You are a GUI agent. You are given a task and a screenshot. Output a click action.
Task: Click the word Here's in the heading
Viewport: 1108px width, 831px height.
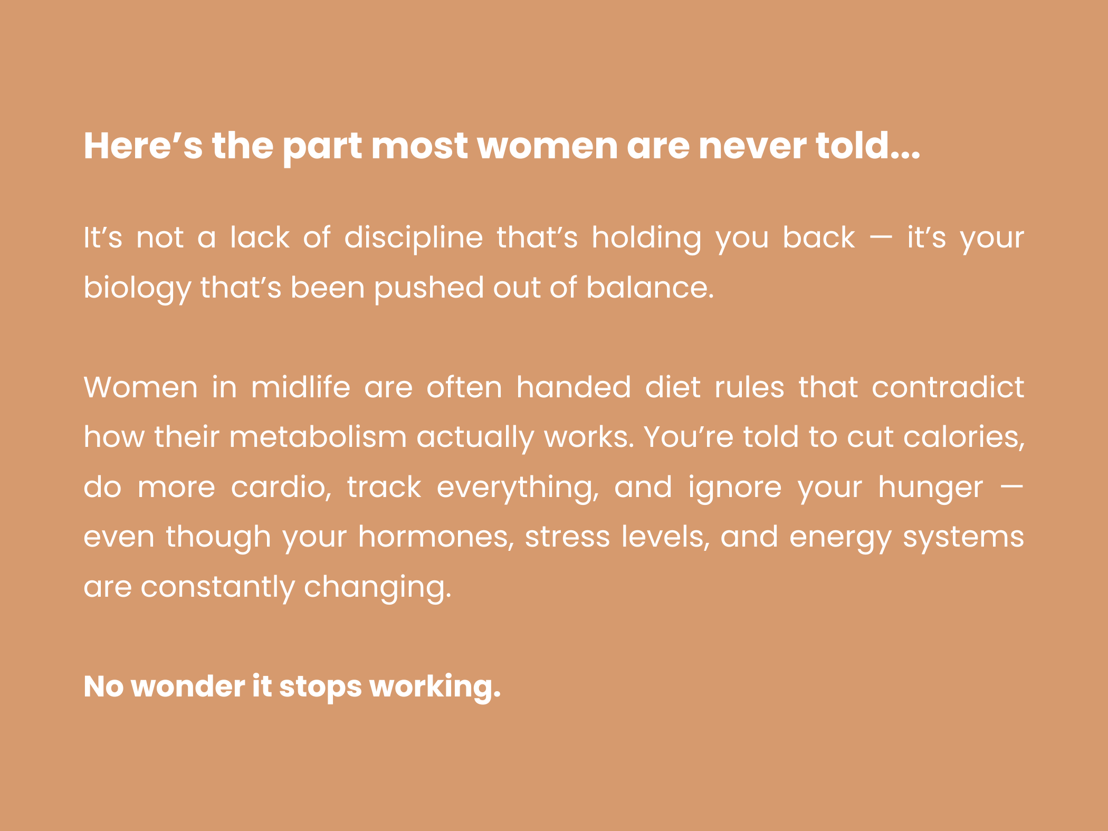tap(143, 146)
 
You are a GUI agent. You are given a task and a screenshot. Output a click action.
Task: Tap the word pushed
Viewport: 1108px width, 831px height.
tap(428, 288)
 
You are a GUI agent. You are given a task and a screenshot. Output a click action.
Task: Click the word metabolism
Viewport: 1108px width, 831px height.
tap(318, 436)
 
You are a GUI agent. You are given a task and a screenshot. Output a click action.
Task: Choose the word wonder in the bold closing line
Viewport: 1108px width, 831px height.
tap(188, 686)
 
